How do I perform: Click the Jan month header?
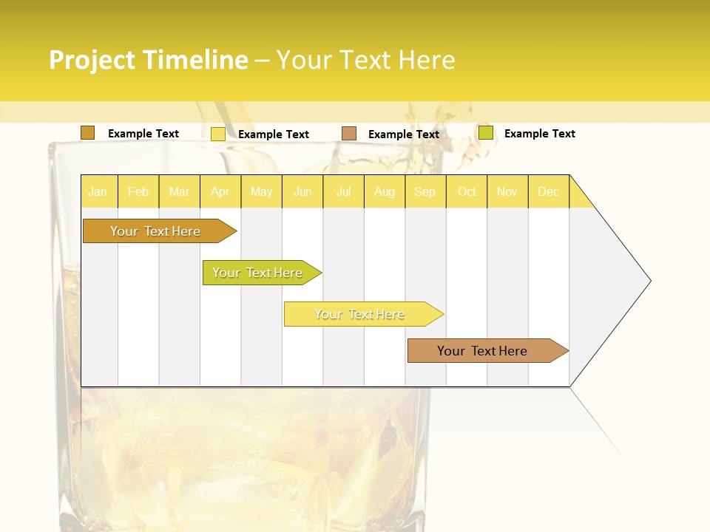[x=98, y=191]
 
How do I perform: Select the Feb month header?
[x=138, y=191]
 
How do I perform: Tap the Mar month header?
[x=179, y=191]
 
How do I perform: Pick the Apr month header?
[x=220, y=191]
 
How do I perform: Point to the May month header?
[x=261, y=191]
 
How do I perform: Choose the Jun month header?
[x=302, y=191]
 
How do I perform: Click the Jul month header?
[x=343, y=191]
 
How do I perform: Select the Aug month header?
[x=385, y=191]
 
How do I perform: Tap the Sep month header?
[x=425, y=191]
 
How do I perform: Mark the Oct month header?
[x=467, y=191]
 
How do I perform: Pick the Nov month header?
[x=507, y=191]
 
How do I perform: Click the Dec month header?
[x=549, y=191]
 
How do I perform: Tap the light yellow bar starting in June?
[x=360, y=314]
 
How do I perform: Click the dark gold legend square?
[x=88, y=133]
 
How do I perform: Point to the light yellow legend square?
[x=218, y=134]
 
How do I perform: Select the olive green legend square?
[x=486, y=133]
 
